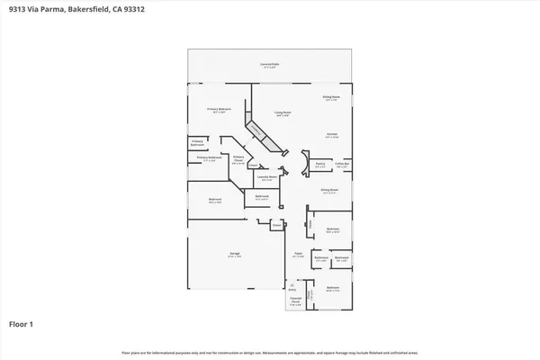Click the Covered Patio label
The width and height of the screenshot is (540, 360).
pyautogui.click(x=268, y=65)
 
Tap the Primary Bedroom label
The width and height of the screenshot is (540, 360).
pyautogui.click(x=220, y=110)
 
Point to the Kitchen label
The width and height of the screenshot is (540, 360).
pyautogui.click(x=331, y=134)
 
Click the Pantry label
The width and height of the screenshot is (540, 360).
pyautogui.click(x=319, y=166)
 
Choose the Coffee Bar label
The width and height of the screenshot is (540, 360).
pyautogui.click(x=342, y=166)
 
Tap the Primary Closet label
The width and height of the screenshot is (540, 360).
pyautogui.click(x=238, y=162)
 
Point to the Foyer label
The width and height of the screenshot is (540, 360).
pyautogui.click(x=296, y=256)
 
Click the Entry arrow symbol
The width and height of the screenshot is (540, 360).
pyautogui.click(x=290, y=286)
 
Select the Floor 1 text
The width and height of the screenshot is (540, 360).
pyautogui.click(x=22, y=322)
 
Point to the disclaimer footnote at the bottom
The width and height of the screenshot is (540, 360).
pyautogui.click(x=270, y=352)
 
